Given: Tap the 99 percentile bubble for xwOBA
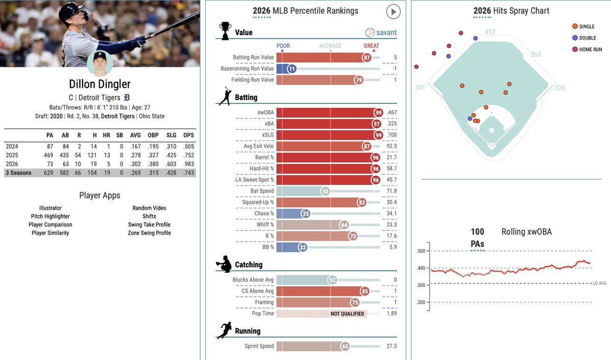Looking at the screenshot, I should (378, 113).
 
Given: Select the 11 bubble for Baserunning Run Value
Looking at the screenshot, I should (292, 69).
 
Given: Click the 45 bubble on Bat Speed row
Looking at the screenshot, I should (326, 191).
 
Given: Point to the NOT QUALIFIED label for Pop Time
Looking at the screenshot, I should (347, 314).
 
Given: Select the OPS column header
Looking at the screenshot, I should (188, 135).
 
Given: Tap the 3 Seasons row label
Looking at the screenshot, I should (18, 173).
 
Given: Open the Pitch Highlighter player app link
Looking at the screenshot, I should (50, 216).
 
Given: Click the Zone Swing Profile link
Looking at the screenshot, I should (149, 233).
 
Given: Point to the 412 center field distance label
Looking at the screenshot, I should (490, 32).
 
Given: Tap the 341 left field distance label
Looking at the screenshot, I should (420, 88).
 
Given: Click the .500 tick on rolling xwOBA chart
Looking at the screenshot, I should (421, 251).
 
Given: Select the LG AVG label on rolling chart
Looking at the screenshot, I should (600, 283).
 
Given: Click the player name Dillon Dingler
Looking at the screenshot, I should (100, 85).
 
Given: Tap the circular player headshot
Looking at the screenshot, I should (100, 63).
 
